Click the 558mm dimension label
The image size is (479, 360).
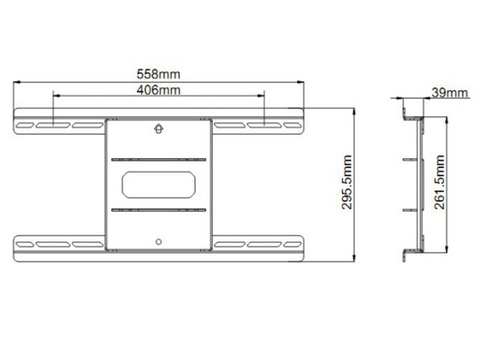point(158,74)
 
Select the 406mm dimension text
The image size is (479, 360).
point(158,90)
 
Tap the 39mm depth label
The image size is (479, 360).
point(450,93)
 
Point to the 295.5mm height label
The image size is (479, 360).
point(347,182)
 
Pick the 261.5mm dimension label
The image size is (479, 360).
point(439,182)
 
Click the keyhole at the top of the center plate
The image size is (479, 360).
point(159,128)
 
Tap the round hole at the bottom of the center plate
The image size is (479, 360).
point(159,242)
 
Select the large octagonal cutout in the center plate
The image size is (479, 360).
point(159,184)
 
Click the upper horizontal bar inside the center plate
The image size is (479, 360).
point(159,160)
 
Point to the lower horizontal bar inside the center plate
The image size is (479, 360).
point(159,210)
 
